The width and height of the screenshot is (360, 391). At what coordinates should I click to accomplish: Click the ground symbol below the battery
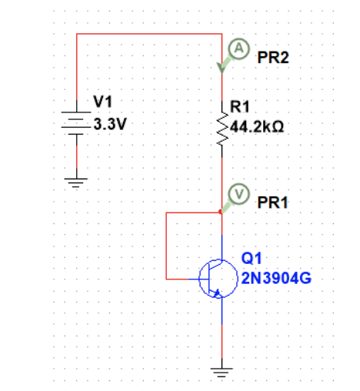pyautogui.click(x=76, y=183)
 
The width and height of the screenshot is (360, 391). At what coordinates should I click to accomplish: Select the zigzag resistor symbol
pyautogui.click(x=222, y=130)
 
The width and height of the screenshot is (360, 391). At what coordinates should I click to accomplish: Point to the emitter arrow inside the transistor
pyautogui.click(x=218, y=290)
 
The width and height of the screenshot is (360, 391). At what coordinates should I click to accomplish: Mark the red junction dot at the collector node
pyautogui.click(x=222, y=210)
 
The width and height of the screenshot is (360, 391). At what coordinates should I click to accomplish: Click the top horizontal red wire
pyautogui.click(x=146, y=34)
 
